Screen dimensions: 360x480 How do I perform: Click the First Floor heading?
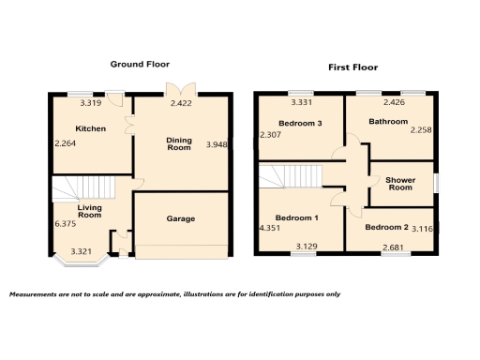(x=352, y=67)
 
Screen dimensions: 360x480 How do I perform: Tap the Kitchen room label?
(x=90, y=128)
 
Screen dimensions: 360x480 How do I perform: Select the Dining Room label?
(x=179, y=143)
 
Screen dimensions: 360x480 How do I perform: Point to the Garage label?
(x=181, y=218)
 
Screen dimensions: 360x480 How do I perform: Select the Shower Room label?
(x=400, y=183)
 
